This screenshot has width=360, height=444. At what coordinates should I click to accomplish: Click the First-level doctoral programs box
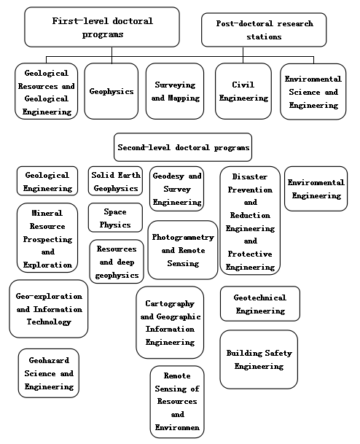102,27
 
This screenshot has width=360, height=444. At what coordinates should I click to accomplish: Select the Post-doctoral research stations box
264,30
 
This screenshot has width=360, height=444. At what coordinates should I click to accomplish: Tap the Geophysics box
111,91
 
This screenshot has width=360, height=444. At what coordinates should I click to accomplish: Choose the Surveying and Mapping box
175,91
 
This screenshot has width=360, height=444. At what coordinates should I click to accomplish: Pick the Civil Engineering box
243,91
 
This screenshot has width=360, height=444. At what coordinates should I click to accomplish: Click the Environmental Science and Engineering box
313,92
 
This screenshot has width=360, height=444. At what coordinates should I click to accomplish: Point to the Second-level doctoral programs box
183,147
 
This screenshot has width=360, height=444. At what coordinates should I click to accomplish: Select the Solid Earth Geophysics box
115,182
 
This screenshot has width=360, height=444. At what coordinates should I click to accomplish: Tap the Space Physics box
115,218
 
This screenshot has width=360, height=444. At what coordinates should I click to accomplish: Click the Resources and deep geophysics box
117,262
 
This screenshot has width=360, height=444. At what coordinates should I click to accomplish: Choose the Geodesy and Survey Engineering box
176,189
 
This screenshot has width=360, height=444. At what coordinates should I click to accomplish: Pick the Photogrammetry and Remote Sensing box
183,250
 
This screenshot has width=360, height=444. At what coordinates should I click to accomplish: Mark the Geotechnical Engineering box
260,304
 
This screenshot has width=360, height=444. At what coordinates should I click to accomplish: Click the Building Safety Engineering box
259,359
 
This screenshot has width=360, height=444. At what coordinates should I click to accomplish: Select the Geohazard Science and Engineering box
49,373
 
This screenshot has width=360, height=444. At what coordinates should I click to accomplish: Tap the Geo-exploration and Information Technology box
49,309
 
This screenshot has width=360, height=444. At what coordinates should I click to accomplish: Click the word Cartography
170,303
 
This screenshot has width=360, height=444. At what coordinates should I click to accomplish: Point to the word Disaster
250,176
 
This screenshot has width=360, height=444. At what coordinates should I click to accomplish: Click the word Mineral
47,213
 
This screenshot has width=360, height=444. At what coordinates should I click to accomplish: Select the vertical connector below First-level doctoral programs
111,55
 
